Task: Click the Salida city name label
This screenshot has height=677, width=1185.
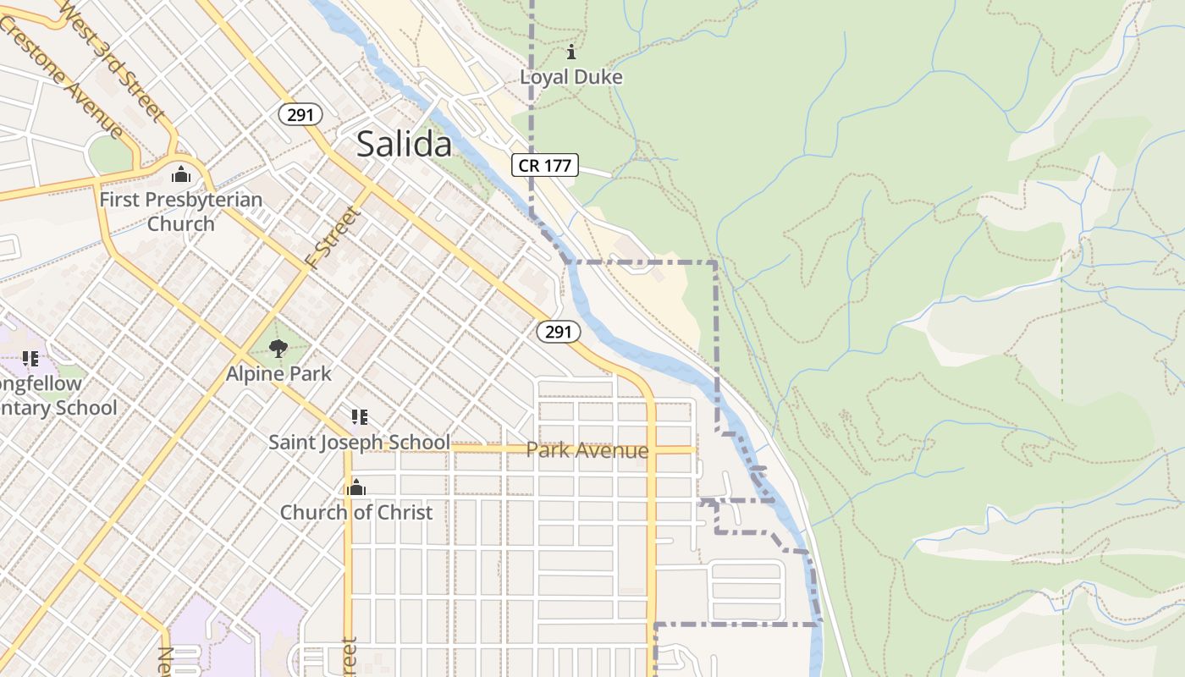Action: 404,145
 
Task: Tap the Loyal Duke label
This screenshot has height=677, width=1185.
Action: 570,77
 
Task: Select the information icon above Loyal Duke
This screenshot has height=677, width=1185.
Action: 571,52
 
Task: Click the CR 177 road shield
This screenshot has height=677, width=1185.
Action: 544,165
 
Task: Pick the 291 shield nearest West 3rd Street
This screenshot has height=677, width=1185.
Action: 300,114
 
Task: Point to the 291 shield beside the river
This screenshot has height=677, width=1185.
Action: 559,332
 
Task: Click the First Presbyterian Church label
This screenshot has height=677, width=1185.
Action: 180,212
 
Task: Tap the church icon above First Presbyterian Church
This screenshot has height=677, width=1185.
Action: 180,175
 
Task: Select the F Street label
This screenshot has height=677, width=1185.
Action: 333,237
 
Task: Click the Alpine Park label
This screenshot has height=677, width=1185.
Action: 278,373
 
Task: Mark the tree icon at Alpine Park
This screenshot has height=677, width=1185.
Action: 278,348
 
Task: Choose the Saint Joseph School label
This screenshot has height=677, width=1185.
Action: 359,442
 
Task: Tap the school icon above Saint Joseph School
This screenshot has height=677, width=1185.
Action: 359,416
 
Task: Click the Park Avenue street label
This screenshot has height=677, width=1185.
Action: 587,450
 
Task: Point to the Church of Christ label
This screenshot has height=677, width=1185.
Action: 355,512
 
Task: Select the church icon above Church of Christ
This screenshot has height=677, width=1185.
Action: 356,487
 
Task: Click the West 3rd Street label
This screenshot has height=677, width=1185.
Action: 113,60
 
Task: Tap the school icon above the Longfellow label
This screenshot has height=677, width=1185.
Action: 30,359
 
